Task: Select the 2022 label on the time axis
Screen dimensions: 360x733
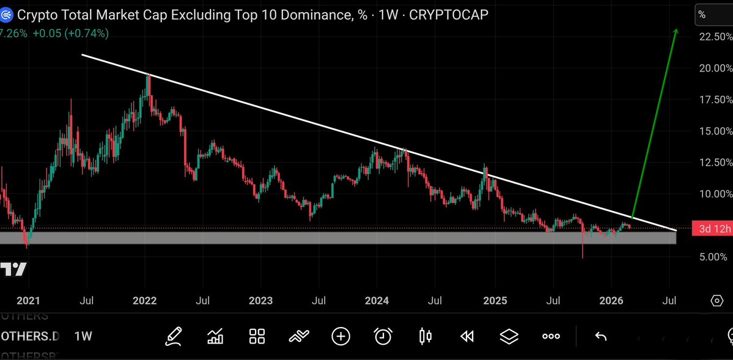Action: (144, 301)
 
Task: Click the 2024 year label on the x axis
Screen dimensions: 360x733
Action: (377, 301)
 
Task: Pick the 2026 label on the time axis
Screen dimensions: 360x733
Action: (611, 301)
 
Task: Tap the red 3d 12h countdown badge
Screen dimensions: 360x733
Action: (711, 229)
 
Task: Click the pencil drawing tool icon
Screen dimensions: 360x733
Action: (174, 336)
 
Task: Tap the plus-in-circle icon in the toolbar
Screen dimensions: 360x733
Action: (341, 336)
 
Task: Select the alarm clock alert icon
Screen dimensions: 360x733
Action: (383, 336)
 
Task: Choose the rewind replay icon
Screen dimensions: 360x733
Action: (467, 336)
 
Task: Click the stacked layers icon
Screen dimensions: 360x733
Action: (509, 336)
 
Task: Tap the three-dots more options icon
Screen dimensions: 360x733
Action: (551, 336)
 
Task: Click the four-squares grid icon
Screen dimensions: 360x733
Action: (257, 336)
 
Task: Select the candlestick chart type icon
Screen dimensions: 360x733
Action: (425, 336)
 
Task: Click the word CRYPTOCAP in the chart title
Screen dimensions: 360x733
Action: (448, 15)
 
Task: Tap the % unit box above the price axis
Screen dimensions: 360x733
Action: (713, 15)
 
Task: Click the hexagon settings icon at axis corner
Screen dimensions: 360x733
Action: (716, 301)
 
